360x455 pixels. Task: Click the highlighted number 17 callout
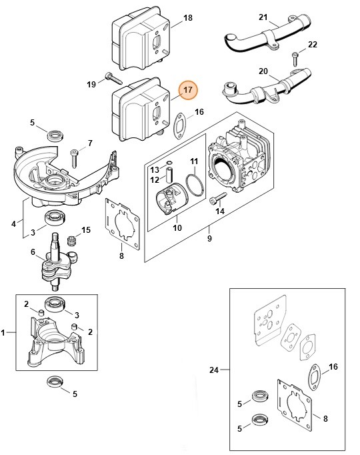(188, 89)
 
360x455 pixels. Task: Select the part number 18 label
(187, 17)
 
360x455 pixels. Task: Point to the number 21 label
(263, 17)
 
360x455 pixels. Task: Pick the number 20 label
(263, 71)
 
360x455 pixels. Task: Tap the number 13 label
(154, 170)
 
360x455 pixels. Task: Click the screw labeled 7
(75, 155)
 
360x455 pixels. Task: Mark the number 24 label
(213, 369)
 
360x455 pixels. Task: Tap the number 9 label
(209, 238)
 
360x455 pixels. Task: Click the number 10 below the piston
(177, 228)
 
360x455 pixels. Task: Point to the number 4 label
(14, 224)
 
